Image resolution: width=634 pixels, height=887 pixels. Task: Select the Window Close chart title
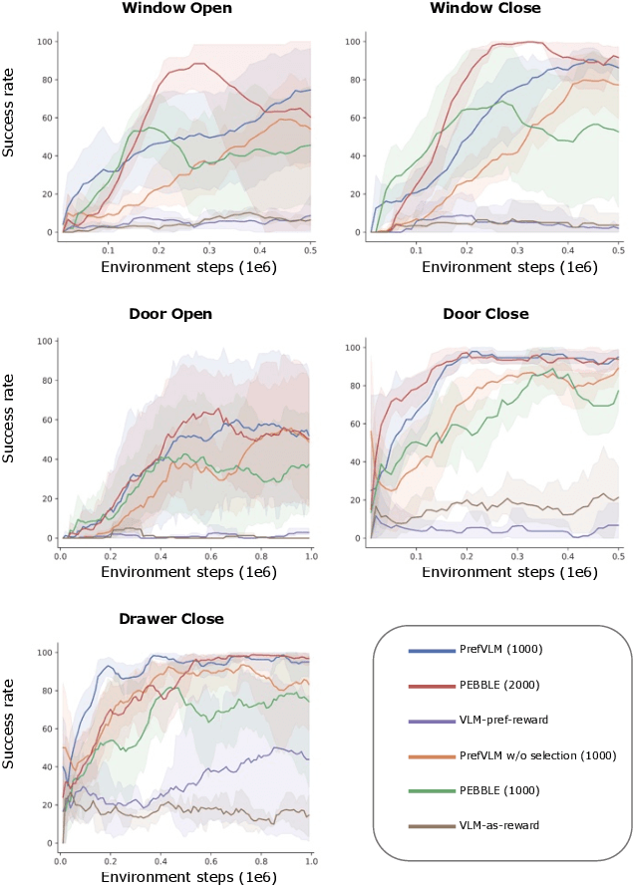(484, 8)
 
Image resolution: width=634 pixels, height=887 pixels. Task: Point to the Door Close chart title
(484, 314)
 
